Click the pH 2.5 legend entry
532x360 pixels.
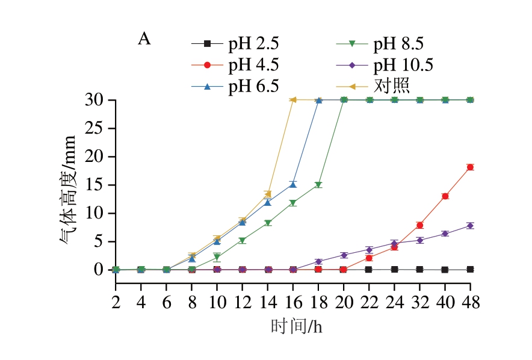pos(235,43)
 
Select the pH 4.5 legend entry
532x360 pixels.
pos(235,64)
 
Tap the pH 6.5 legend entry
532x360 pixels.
pos(235,85)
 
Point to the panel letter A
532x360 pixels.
pos(144,40)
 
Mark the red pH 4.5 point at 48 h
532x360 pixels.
pos(470,167)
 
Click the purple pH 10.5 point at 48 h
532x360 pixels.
pos(470,225)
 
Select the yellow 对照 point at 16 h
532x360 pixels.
pos(293,100)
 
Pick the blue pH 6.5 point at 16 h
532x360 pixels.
pos(293,184)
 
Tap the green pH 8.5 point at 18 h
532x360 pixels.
pos(318,185)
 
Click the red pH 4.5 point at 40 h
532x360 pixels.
pos(445,196)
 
